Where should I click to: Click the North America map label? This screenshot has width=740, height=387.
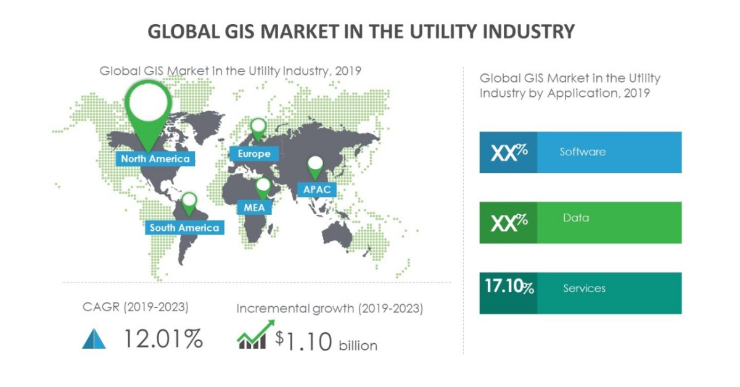point(155,159)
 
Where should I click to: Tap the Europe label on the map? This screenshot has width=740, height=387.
point(253,153)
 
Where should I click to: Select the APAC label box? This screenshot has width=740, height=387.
point(316,189)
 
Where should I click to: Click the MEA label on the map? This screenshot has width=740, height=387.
point(254,207)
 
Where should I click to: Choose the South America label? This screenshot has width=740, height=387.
point(184,228)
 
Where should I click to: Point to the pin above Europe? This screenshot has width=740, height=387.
point(258,128)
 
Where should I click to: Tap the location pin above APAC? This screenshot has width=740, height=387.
point(316,164)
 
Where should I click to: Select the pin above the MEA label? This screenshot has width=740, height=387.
point(263,185)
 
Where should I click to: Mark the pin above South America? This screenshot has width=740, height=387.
point(189,201)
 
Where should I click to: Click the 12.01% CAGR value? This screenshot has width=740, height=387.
point(163,338)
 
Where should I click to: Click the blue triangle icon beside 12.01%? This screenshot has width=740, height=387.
point(94,339)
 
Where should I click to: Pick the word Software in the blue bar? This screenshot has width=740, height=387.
point(582,152)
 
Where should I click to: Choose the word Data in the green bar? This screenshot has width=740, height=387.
point(575,218)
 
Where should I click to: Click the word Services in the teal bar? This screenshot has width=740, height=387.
point(584,288)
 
